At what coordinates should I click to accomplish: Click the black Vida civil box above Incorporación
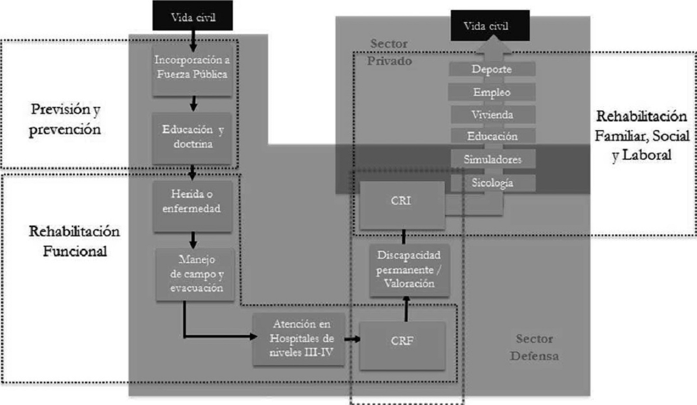(x=194, y=16)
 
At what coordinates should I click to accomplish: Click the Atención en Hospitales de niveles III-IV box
(x=299, y=339)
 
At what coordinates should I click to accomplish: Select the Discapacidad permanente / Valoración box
(x=405, y=269)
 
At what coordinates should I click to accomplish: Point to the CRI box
(x=402, y=205)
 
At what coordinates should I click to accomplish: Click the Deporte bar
(x=492, y=69)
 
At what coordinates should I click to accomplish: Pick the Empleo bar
(x=492, y=92)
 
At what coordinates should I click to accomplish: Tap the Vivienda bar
(x=492, y=114)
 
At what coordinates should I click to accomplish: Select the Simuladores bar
(x=492, y=159)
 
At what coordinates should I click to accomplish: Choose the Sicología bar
(x=492, y=182)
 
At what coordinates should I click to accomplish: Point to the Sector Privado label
(x=389, y=52)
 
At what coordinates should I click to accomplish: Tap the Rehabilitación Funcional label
(x=74, y=242)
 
